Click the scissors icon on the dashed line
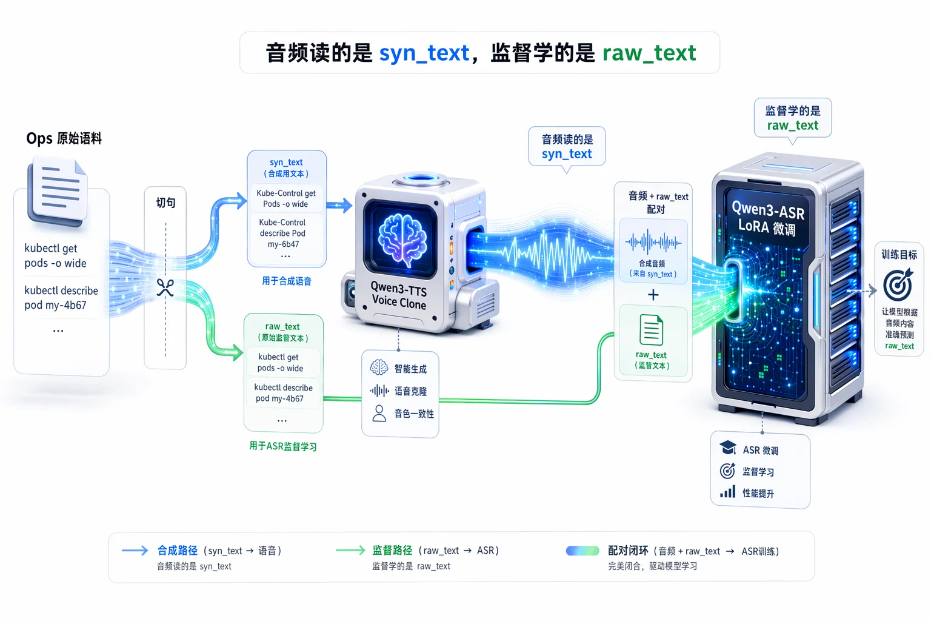point(165,287)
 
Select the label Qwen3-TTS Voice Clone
point(399,296)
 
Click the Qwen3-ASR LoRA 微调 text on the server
point(768,219)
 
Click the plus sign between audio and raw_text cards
point(653,295)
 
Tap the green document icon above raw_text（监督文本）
point(652,330)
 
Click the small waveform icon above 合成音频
point(653,241)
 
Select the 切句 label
point(165,203)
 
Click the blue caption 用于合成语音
point(286,281)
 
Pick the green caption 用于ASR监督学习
point(283,446)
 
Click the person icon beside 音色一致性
point(379,414)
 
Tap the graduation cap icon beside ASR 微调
point(728,448)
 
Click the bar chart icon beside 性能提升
point(727,492)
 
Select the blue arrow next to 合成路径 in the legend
point(135,551)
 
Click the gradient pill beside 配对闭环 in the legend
point(582,551)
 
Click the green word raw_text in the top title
point(649,53)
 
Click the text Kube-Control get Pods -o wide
point(286,198)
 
